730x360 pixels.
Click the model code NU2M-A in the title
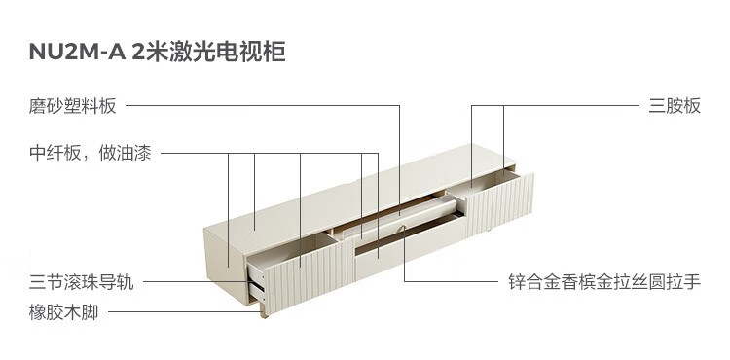tap(77, 52)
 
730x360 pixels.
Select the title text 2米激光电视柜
tap(208, 52)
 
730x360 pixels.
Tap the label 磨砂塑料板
tap(72, 106)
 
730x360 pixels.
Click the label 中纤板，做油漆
tap(91, 153)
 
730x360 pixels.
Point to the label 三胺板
tap(675, 106)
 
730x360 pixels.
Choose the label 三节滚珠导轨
tap(81, 282)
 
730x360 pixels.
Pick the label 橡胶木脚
tap(64, 312)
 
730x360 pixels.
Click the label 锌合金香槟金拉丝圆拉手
tap(604, 282)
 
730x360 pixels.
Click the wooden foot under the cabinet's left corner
tap(265, 311)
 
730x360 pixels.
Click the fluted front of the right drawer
tap(500, 204)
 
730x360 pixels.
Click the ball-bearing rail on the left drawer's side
tap(258, 285)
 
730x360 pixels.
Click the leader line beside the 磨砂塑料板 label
tap(263, 106)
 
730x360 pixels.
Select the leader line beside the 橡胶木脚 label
tap(184, 311)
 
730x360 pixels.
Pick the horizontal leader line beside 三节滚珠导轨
tap(198, 281)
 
